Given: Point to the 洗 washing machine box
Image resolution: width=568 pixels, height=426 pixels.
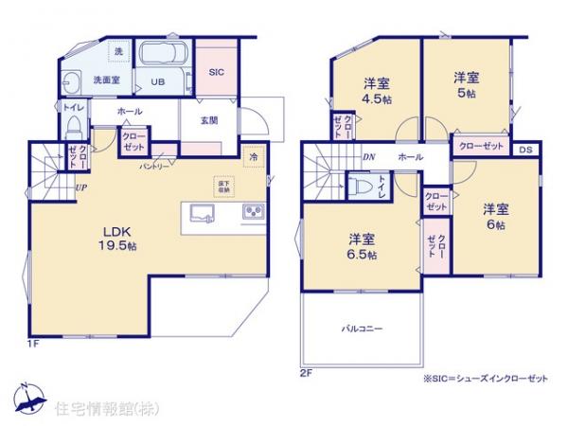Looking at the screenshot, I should (118, 49).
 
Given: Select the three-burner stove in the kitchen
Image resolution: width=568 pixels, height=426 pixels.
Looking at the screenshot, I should (254, 212).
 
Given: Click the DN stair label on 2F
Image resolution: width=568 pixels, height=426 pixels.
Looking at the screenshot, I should (367, 158).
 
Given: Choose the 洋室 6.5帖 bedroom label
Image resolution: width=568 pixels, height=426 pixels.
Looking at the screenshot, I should (362, 247).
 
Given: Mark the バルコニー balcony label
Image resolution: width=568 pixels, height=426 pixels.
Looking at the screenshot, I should (362, 328).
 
